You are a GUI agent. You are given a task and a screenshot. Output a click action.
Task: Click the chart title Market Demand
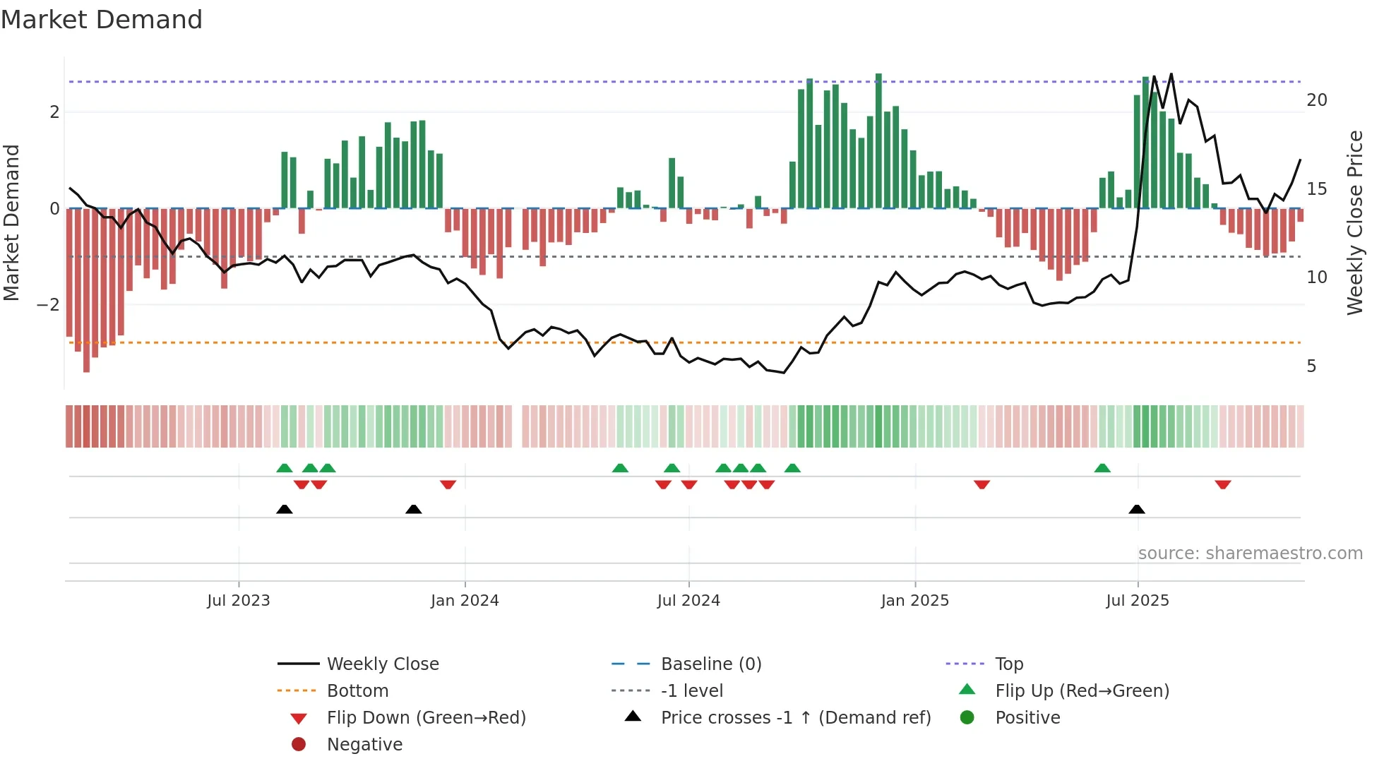102,20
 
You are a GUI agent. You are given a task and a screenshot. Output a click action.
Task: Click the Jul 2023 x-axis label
238,601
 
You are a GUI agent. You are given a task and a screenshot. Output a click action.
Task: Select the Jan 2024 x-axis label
465,601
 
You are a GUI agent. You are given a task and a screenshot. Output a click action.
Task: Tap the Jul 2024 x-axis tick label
688,601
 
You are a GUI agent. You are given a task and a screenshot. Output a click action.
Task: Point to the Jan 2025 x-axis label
914,601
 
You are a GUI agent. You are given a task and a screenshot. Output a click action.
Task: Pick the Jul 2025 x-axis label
1138,601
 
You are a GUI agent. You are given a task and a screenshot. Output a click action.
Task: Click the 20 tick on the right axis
1316,100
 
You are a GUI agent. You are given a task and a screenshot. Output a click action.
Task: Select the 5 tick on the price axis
1311,366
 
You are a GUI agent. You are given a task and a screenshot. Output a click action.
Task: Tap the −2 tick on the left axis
48,305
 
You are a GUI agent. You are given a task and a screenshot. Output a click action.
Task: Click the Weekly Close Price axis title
1354,222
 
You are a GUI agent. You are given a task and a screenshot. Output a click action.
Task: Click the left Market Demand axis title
11,222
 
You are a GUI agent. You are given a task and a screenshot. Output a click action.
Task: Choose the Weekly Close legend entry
382,664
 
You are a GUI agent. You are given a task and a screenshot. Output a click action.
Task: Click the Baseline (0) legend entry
710,664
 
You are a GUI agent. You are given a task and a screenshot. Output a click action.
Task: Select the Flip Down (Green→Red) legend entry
426,718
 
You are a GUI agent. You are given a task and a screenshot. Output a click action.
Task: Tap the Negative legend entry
364,745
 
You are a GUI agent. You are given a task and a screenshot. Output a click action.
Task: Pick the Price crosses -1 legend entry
795,718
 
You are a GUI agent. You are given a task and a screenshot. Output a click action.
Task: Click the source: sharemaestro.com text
1250,553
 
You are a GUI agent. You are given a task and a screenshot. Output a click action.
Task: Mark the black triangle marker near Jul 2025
1137,509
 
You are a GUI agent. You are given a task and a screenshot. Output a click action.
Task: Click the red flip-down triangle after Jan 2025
982,484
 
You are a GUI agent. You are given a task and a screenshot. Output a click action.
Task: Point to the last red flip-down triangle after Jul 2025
1223,484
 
